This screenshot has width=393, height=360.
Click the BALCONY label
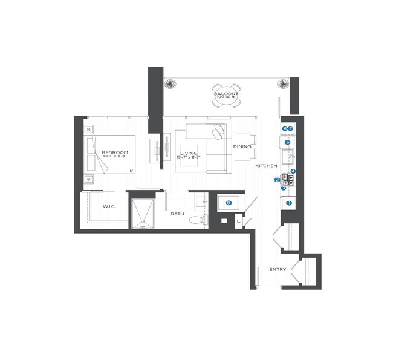click(x=226, y=93)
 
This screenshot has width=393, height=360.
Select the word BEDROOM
click(x=114, y=152)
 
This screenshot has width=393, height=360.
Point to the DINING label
click(x=242, y=146)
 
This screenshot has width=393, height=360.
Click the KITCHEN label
click(x=266, y=165)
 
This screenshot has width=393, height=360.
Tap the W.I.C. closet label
click(x=109, y=206)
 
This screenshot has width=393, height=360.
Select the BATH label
click(x=177, y=214)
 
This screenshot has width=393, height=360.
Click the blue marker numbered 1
click(x=289, y=203)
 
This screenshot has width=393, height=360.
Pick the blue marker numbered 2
click(x=277, y=180)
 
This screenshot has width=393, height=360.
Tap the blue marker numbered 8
click(x=228, y=203)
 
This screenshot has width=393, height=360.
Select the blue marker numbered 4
click(x=293, y=171)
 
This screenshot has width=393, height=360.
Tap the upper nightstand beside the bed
click(x=89, y=129)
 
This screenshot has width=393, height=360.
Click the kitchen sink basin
click(x=289, y=159)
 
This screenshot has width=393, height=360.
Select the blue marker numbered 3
click(x=283, y=188)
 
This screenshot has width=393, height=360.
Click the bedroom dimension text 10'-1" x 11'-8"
click(x=114, y=157)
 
